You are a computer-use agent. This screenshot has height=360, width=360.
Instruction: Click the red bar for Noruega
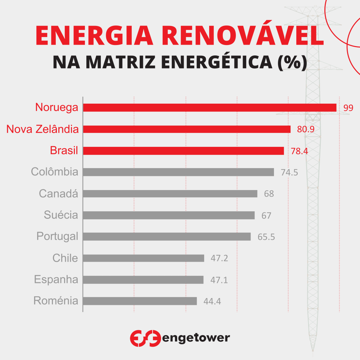click(x=210, y=108)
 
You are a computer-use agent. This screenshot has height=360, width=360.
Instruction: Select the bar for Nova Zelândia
click(x=187, y=129)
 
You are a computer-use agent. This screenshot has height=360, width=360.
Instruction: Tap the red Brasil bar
click(x=183, y=151)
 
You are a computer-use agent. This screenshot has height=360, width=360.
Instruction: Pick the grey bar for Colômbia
click(x=178, y=172)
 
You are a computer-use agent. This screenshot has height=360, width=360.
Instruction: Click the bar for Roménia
click(x=140, y=301)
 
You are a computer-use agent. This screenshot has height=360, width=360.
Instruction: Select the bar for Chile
click(x=143, y=258)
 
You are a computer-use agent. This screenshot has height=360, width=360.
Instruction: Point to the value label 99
click(x=348, y=108)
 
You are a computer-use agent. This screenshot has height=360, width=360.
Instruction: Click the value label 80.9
click(x=306, y=130)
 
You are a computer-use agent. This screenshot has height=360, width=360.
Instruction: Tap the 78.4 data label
click(x=299, y=151)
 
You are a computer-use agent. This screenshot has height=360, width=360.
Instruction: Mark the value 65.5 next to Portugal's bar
click(x=266, y=237)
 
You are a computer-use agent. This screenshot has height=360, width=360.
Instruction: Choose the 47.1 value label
click(x=219, y=280)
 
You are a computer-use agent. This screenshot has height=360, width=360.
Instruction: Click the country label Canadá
click(x=58, y=194)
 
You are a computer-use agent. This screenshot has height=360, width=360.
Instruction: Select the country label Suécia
click(x=61, y=215)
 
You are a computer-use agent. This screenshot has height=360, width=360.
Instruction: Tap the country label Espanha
click(x=56, y=280)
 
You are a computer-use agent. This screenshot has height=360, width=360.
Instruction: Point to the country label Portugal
click(x=57, y=237)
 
